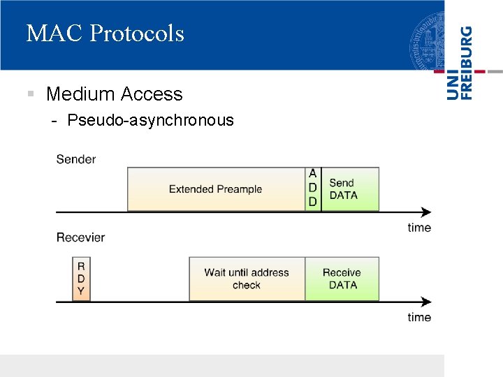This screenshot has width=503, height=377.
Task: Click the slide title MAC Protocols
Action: pyautogui.click(x=105, y=34)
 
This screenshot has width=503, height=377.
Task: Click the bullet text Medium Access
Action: pyautogui.click(x=114, y=94)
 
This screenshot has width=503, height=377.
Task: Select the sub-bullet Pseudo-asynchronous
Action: pyautogui.click(x=150, y=120)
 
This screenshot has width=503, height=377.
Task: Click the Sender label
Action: pyautogui.click(x=75, y=159)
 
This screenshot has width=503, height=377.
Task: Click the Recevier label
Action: pyautogui.click(x=80, y=237)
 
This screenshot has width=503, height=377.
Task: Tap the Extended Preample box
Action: pyautogui.click(x=215, y=189)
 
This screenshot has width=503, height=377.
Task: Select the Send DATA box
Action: pyautogui.click(x=350, y=189)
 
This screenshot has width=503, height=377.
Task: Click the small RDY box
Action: pyautogui.click(x=81, y=279)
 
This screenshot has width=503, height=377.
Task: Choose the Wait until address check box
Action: pyautogui.click(x=247, y=279)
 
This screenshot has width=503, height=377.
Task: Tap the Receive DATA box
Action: pyautogui.click(x=342, y=279)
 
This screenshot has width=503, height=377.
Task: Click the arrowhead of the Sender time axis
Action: pyautogui.click(x=425, y=212)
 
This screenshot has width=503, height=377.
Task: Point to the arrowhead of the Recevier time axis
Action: pyautogui.click(x=425, y=302)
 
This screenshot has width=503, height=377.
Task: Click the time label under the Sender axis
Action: pyautogui.click(x=419, y=228)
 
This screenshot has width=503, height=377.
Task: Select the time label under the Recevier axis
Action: pyautogui.click(x=419, y=318)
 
